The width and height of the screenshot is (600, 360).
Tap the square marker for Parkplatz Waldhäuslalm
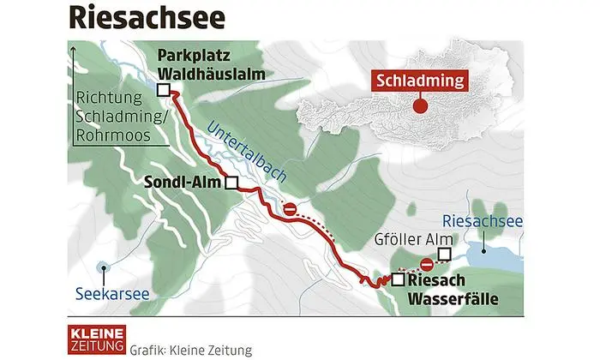tap(164, 88)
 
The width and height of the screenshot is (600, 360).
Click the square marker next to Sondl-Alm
tap(231, 183)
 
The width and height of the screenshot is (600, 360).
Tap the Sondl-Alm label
tap(181, 182)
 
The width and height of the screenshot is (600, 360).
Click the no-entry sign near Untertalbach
tap(291, 209)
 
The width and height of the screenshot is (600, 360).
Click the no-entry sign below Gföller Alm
tap(426, 265)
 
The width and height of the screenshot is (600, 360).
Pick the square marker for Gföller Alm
tap(444, 254)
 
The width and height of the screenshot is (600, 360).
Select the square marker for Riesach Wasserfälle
tap(398, 279)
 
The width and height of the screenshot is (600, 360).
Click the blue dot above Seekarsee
tap(104, 267)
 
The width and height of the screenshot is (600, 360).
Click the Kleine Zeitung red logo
tap(97, 338)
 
